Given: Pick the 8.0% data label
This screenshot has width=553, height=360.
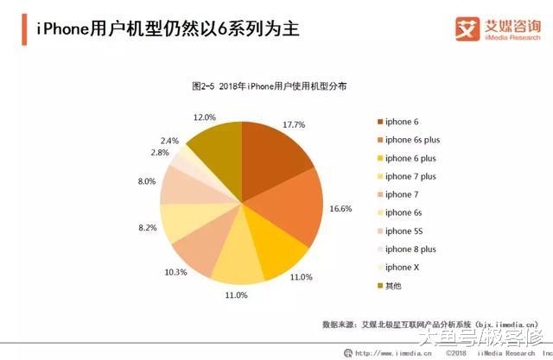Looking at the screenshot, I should (x=146, y=181).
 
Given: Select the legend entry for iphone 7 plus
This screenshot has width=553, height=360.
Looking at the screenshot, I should (x=410, y=176).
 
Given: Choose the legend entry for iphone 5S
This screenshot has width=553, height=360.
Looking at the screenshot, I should (x=404, y=231).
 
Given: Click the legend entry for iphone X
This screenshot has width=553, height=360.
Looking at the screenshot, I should (x=403, y=267).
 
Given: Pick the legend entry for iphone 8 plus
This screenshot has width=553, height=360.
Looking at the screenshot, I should (x=410, y=249).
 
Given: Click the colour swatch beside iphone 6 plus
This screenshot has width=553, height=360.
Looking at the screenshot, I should (x=378, y=158).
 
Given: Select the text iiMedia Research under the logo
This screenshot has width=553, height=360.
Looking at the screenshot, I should (x=512, y=38).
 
